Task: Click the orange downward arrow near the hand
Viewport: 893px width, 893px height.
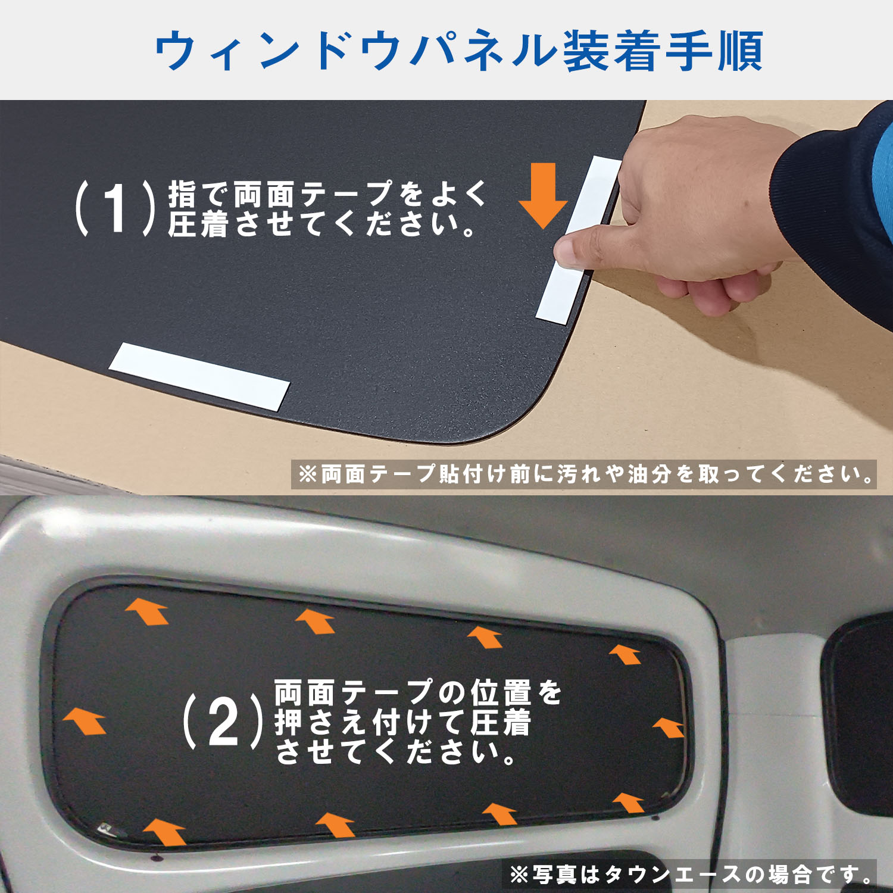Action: [x=543, y=195]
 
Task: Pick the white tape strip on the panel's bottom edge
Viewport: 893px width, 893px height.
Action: [x=199, y=376]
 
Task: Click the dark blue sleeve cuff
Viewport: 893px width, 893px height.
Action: [x=828, y=196]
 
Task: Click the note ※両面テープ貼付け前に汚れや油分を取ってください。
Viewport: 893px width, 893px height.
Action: [x=584, y=474]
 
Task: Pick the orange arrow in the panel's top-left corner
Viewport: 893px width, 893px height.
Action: [x=147, y=611]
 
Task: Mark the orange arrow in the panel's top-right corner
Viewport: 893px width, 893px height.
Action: [x=625, y=654]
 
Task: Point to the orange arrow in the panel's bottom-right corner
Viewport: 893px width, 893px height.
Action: [x=629, y=803]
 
